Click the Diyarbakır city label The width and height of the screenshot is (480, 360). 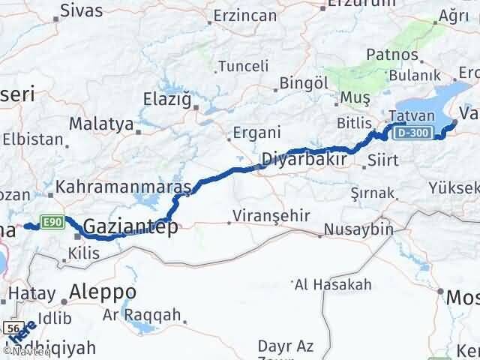(304, 159)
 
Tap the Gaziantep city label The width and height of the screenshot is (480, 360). (130, 225)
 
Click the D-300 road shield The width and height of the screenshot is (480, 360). (411, 133)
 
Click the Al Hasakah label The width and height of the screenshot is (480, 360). (334, 284)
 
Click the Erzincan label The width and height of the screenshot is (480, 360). (245, 14)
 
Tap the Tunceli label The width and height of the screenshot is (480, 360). (242, 66)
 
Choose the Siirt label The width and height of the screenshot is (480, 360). (388, 160)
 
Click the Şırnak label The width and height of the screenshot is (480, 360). (373, 193)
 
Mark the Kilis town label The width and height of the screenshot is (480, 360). (83, 254)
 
